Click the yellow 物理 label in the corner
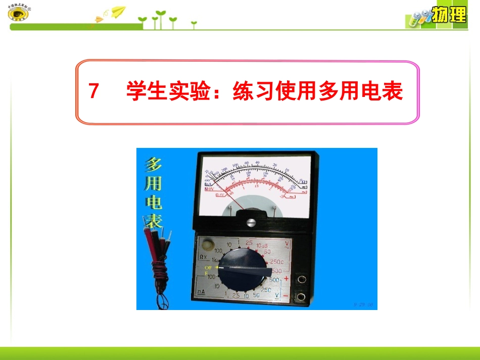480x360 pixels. click(449, 16)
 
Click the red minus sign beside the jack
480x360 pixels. click(286, 295)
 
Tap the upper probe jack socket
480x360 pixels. click(303, 279)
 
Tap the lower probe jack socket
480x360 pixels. click(303, 296)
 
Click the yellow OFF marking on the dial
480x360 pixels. click(208, 268)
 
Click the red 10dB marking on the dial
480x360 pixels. click(262, 245)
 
